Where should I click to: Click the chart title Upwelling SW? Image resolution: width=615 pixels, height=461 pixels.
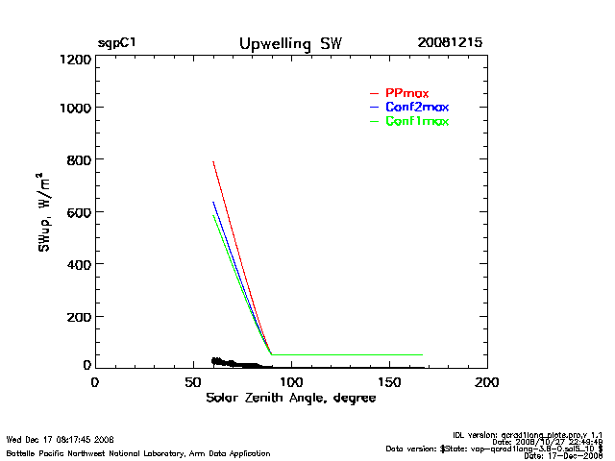(289, 44)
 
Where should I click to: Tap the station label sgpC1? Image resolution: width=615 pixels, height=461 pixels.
(116, 44)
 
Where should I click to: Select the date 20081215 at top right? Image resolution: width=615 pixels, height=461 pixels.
(450, 44)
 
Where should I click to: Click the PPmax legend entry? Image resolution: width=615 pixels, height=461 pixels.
(406, 92)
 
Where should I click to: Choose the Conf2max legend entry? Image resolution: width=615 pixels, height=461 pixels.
(416, 107)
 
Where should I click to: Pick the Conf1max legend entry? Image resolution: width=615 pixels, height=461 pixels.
(416, 121)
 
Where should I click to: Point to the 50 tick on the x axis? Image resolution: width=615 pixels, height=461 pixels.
(192, 381)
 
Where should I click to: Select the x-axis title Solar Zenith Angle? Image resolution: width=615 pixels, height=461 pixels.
(290, 399)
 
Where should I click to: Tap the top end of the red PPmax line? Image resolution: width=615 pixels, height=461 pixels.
(213, 161)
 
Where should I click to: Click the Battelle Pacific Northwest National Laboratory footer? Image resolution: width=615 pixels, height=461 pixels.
(137, 453)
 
